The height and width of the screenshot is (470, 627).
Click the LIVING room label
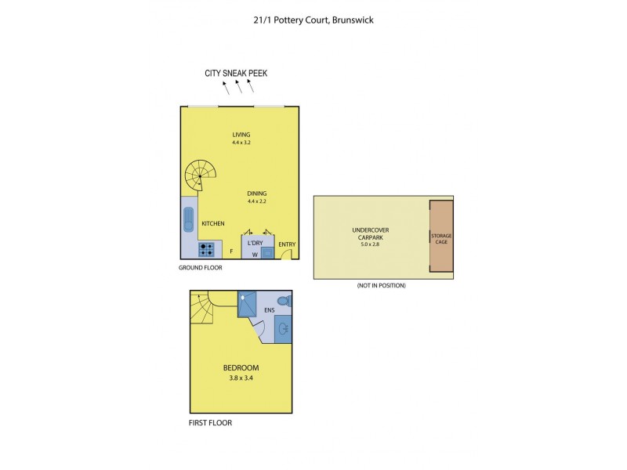pyautogui.click(x=241, y=135)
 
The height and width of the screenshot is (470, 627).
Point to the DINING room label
pyautogui.click(x=257, y=193)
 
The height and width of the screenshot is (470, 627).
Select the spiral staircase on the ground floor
pyautogui.click(x=201, y=176)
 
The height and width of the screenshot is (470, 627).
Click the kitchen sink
pyautogui.click(x=188, y=220)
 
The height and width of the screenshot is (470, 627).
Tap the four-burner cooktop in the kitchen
pyautogui.click(x=208, y=250)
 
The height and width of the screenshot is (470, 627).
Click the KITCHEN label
pyautogui.click(x=213, y=224)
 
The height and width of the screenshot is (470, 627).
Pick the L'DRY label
pyautogui.click(x=255, y=243)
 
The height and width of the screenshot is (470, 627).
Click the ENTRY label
pyautogui.click(x=287, y=244)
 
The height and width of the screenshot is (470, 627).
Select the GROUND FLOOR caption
pyautogui.click(x=201, y=268)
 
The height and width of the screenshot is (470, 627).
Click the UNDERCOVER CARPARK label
pyautogui.click(x=370, y=233)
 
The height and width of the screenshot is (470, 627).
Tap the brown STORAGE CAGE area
pyautogui.click(x=441, y=237)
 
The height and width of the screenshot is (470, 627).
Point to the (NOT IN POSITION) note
pyautogui.click(x=381, y=285)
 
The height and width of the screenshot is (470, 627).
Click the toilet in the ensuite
pyautogui.click(x=285, y=301)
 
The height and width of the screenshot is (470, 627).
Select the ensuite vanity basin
pyautogui.click(x=284, y=329)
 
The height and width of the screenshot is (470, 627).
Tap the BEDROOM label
pyautogui.click(x=241, y=367)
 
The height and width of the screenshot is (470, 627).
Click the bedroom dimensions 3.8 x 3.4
pyautogui.click(x=241, y=378)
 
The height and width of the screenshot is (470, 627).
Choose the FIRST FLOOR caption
pyautogui.click(x=210, y=423)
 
